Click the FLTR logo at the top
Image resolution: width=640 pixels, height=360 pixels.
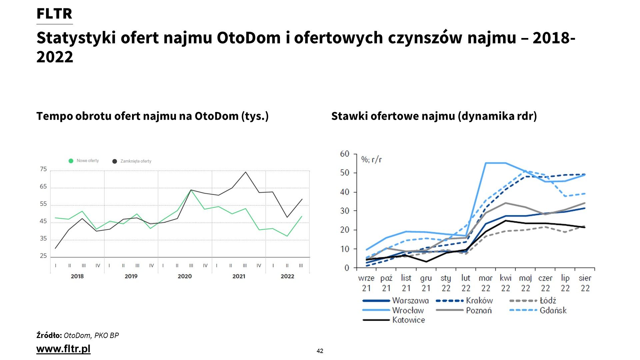pos(54,14)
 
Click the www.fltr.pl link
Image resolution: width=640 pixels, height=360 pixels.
pos(63,349)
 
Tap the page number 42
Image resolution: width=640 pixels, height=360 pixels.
pos(320,351)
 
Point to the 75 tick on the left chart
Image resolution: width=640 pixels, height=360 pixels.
pos(43,169)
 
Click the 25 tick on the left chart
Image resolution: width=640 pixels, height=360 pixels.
pos(43,256)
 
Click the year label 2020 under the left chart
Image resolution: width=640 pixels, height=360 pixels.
pos(185,276)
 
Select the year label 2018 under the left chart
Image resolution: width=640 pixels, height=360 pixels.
pos(77,276)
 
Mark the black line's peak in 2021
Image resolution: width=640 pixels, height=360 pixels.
pos(246,172)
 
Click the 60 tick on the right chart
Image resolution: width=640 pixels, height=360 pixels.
pos(345,154)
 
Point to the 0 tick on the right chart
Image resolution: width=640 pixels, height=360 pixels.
pos(347,268)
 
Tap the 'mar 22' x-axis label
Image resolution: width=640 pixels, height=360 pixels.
pos(485,283)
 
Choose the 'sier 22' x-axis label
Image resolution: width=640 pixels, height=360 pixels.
pos(585,283)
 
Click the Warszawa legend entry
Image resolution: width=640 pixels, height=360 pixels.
pos(410,301)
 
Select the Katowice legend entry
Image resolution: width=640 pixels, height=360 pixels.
pos(408,320)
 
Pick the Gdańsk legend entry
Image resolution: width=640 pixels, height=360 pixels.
pos(553,310)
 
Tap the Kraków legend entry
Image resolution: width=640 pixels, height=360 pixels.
pos(479,301)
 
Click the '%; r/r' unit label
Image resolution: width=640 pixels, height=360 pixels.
pos(372,160)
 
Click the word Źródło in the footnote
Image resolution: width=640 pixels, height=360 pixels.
pos(49,335)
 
